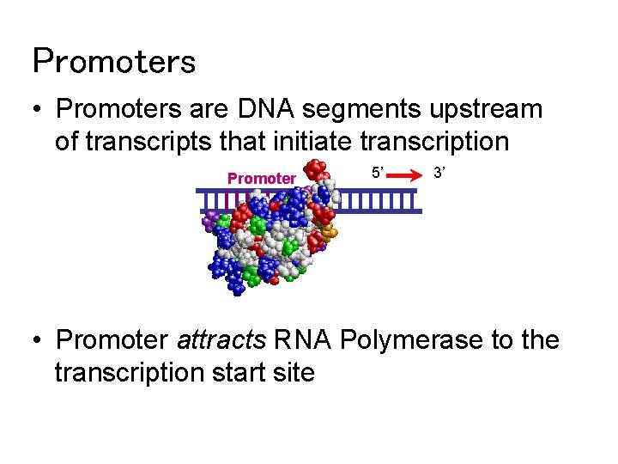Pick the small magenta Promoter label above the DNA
(261, 179)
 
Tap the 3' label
(439, 174)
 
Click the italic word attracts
(221, 341)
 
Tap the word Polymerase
(412, 341)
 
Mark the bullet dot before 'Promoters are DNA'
(37, 111)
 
